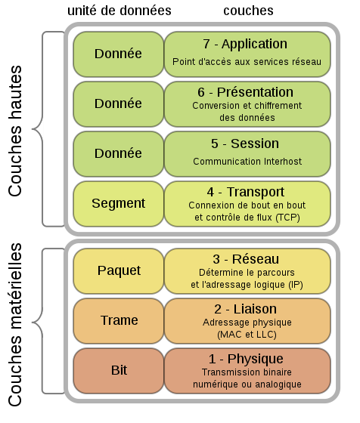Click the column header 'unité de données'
point(119,11)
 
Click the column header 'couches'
point(248,11)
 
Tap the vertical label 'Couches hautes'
point(15,131)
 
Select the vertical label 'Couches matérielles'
point(15,325)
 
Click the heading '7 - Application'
point(245,44)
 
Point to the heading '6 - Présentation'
point(245,92)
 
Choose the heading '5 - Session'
point(245,144)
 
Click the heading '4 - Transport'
point(246,192)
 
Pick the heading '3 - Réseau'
point(246,259)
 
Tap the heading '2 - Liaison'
point(246,309)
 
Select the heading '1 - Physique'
point(246,359)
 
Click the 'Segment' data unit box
point(118,204)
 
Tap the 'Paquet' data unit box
point(118,271)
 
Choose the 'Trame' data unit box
point(118,321)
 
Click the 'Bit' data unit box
point(118,371)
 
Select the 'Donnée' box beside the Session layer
point(118,154)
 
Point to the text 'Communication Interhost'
point(247,162)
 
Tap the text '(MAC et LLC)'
point(247,335)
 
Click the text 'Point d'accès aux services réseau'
point(247,62)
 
